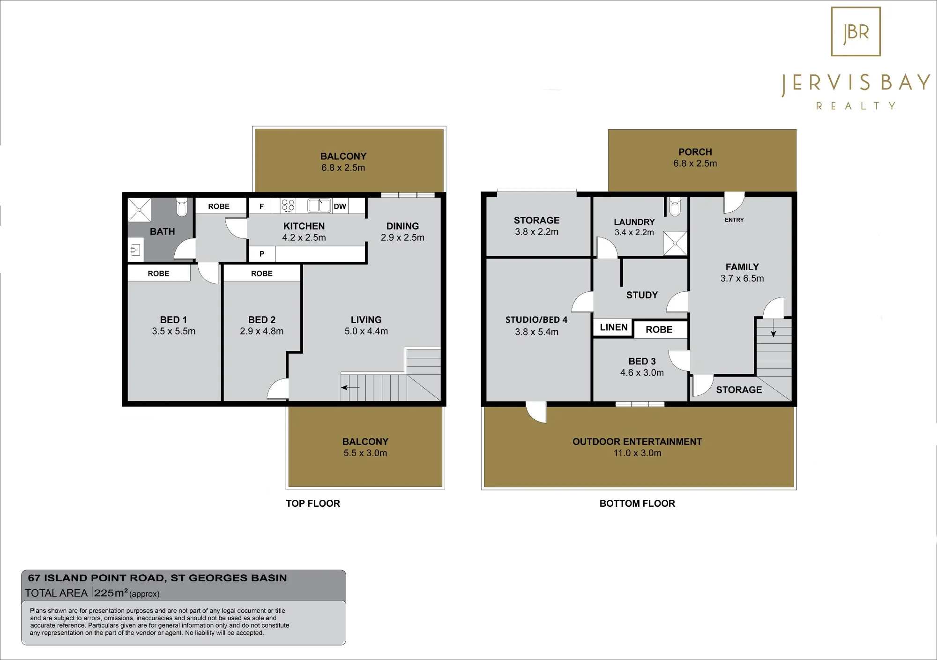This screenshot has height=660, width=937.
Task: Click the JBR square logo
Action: click(855, 31)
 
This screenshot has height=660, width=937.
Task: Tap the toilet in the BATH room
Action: click(182, 207)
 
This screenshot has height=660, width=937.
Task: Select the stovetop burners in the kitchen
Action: click(288, 205)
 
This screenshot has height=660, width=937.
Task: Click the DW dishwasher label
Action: click(340, 206)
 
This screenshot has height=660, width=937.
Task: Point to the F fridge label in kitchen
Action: click(261, 206)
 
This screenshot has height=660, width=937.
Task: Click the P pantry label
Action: click(262, 254)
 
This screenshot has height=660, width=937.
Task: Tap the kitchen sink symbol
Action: click(319, 205)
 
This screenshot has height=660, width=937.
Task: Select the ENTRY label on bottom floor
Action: click(734, 220)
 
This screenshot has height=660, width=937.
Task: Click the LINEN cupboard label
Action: click(614, 327)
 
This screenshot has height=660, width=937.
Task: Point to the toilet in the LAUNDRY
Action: click(675, 207)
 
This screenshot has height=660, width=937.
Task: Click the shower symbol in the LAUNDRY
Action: click(675, 243)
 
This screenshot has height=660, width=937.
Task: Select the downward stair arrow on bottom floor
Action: click(773, 328)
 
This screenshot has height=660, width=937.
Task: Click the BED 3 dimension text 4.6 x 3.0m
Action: click(642, 373)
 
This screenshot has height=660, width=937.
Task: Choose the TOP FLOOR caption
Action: click(313, 504)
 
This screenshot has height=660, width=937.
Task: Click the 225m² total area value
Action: click(111, 593)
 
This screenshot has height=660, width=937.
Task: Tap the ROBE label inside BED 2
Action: click(261, 274)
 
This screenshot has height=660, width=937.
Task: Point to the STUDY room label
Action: click(642, 295)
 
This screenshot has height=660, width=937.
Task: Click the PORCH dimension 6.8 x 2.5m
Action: click(695, 163)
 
